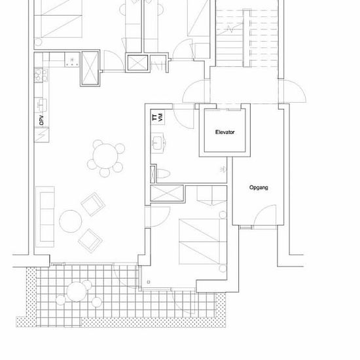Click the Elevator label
click(x=225, y=132)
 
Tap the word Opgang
click(x=259, y=188)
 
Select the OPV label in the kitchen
click(x=41, y=120)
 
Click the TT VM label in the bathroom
click(x=158, y=117)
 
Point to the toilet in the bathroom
click(x=164, y=173)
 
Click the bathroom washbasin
click(x=157, y=143)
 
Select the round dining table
click(x=105, y=156)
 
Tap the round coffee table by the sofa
click(x=71, y=221)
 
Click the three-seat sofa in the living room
click(x=45, y=217)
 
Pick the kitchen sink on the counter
click(x=41, y=105)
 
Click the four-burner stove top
click(x=41, y=75)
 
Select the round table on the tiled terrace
click(x=77, y=291)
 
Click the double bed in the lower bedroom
click(x=203, y=242)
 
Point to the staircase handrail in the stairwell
click(x=247, y=38)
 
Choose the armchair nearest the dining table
click(x=93, y=204)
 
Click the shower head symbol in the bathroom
click(x=223, y=170)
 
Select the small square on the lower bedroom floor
click(x=149, y=281)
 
